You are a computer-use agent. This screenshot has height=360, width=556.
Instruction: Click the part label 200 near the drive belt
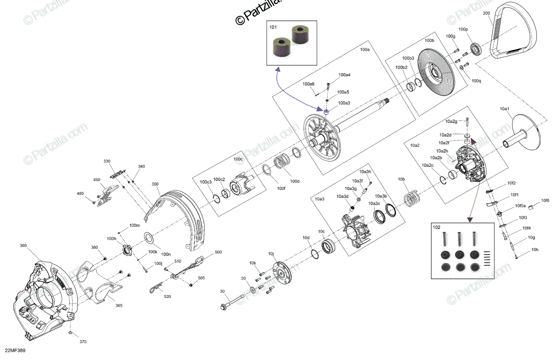pyautogui.click(x=486, y=13)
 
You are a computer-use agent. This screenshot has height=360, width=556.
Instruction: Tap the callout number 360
pyautogui.click(x=23, y=246)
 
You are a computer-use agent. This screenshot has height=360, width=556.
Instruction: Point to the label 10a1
pyautogui.click(x=505, y=108)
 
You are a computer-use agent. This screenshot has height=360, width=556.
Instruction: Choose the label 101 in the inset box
pyautogui.click(x=272, y=27)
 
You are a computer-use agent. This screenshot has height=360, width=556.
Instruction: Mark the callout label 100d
pyautogui.click(x=295, y=181)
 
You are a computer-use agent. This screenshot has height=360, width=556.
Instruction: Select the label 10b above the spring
pyautogui.click(x=401, y=179)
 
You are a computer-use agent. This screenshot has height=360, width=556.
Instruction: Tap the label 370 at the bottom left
pyautogui.click(x=82, y=342)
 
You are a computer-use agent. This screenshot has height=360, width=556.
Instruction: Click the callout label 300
pyautogui.click(x=155, y=184)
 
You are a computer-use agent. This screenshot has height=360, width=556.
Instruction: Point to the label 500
pyautogui.click(x=218, y=253)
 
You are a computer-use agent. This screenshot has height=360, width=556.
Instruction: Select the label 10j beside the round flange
pyautogui.click(x=271, y=254)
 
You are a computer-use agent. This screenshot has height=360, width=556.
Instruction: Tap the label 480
pyautogui.click(x=80, y=194)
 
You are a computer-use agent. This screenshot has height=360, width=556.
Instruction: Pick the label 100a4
pyautogui.click(x=344, y=75)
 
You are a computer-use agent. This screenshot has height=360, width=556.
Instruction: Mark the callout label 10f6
pyautogui.click(x=545, y=201)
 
